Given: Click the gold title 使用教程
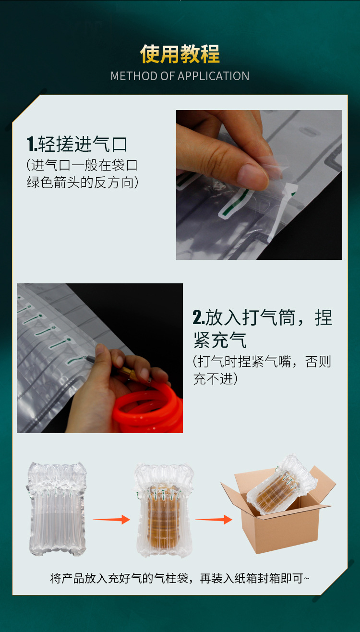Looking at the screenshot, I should coord(180,54).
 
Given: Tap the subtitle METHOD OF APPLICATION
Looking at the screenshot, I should coord(180,76).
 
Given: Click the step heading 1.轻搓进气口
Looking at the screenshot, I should coord(77,144).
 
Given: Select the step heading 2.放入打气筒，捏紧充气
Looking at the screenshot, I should coord(262,328).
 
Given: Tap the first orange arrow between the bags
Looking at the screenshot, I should coord(111,519).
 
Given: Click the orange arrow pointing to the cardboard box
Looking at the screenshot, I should coord(214,519).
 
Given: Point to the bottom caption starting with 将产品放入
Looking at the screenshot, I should coord(180,578).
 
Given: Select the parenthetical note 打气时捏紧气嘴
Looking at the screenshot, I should coord(262,370).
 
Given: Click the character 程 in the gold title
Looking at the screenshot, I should coord(210,54).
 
